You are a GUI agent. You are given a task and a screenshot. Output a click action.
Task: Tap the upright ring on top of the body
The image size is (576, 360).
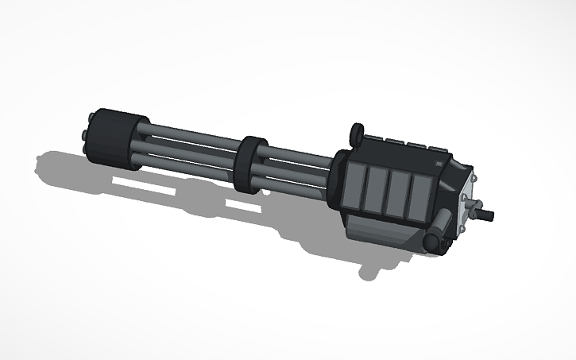coord(357,133)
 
